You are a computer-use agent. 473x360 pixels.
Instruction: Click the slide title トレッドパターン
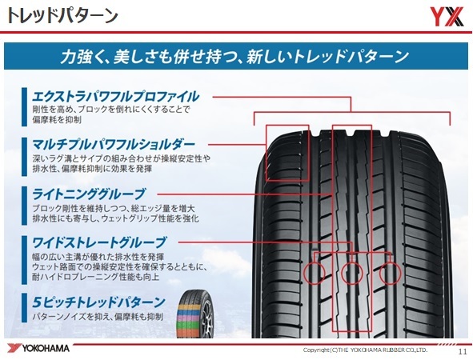coord(62,16)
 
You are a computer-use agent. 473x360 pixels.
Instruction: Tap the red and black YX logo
coord(446,17)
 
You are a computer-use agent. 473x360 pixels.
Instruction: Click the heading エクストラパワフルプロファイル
coord(115,97)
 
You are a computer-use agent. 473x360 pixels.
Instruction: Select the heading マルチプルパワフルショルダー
coord(114,145)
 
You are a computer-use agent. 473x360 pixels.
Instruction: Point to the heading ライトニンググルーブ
coord(89,194)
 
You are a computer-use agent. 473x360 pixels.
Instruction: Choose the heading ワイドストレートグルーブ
coord(99,242)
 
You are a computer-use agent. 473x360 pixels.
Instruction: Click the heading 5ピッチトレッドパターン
coord(98,302)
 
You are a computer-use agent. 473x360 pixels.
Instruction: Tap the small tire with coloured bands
coord(195,314)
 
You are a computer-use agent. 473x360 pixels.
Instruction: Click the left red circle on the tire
coord(314,273)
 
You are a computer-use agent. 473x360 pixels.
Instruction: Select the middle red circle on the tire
coord(351,273)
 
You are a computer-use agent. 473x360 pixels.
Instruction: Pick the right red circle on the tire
coord(390,273)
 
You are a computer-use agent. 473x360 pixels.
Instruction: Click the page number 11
coord(463,352)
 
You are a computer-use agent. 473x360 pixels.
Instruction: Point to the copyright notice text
coord(365,350)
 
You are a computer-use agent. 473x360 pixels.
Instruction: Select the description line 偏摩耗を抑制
coord(57,120)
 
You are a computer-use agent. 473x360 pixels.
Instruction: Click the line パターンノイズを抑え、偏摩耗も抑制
coord(98,317)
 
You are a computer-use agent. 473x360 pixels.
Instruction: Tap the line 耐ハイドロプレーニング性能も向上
coord(95,277)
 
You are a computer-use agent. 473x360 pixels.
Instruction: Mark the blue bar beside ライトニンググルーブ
coord(24,206)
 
